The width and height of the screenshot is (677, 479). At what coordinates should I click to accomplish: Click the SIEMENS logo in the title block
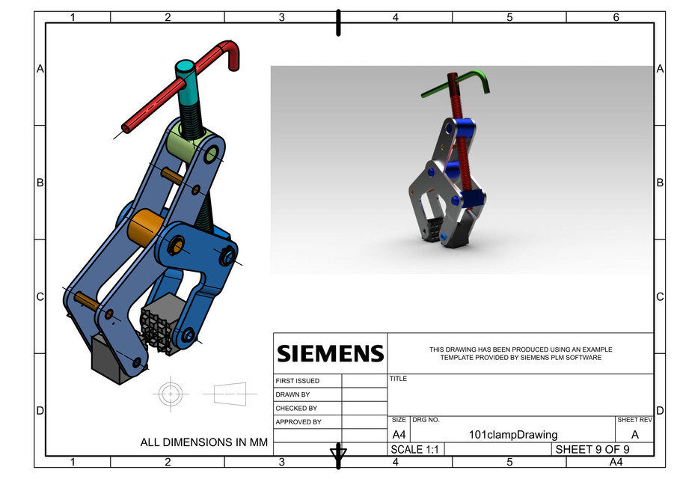coord(330,353)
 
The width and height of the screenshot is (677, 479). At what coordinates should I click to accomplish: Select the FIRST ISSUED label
coord(297,381)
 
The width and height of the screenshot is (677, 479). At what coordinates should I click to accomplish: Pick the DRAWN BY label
coord(292,394)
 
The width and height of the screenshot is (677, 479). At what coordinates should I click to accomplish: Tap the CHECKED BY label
coord(295,409)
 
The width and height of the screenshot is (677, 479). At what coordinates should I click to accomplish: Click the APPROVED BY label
coord(298,422)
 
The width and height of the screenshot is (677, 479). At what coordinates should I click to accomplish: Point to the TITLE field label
coord(398,379)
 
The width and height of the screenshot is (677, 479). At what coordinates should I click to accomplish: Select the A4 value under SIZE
coord(399,435)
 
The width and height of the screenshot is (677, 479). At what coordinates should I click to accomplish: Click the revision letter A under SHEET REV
coord(634,434)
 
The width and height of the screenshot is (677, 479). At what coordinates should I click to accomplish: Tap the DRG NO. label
coord(426,421)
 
